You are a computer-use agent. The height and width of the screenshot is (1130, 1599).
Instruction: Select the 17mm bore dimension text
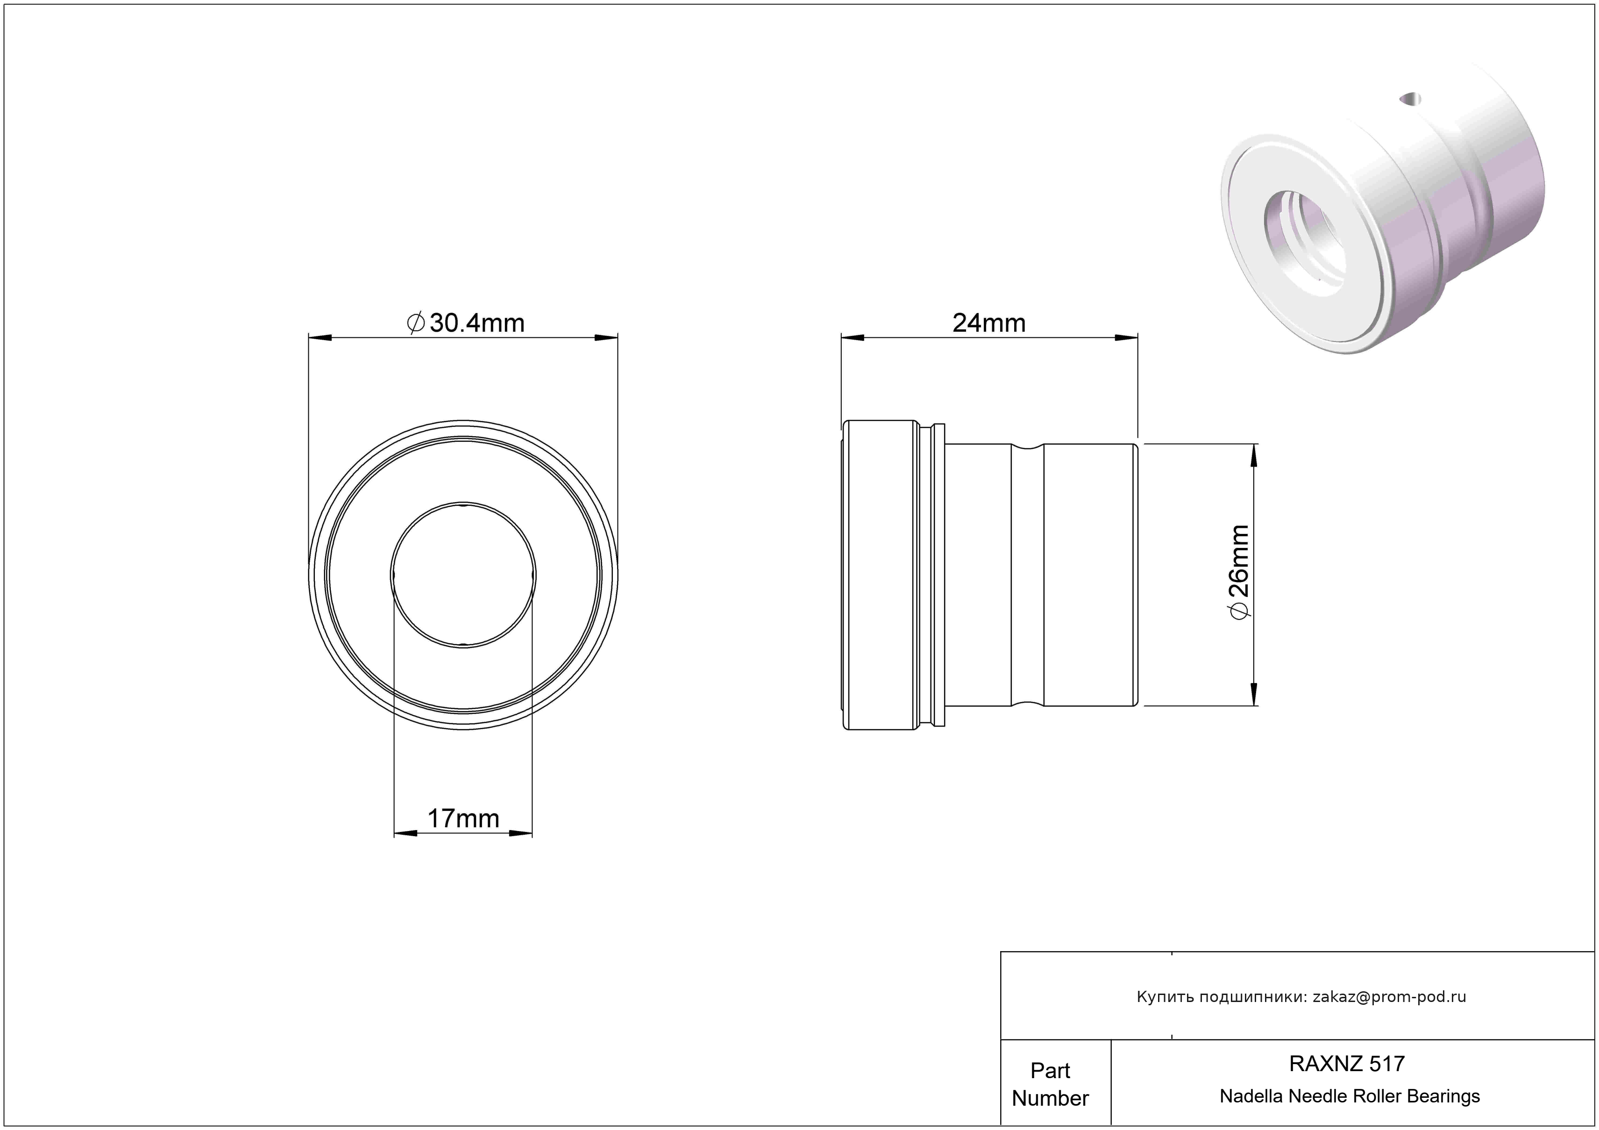point(463,819)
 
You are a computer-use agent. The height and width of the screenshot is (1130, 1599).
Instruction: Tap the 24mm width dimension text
point(989,323)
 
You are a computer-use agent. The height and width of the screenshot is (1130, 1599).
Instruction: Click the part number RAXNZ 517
point(1347,1064)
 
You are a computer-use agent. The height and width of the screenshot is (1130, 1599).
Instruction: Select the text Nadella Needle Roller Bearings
point(1350,1096)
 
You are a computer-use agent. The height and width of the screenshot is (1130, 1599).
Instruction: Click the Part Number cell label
point(1050,1084)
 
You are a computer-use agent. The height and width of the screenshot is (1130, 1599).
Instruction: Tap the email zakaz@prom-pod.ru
point(1389,997)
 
